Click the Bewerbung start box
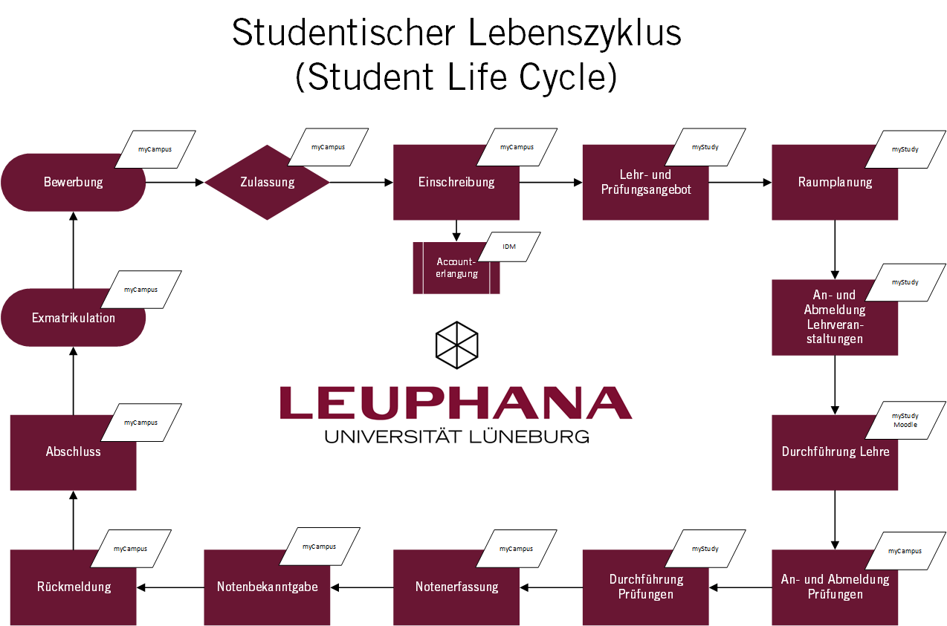click(73, 183)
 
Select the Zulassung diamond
click(267, 183)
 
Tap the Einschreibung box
click(456, 183)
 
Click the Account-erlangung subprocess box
click(456, 268)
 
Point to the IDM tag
click(509, 247)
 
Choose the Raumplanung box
click(835, 183)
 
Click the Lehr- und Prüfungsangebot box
click(645, 183)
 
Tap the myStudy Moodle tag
click(905, 420)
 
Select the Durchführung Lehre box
click(835, 452)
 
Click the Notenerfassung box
click(456, 587)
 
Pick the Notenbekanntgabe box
click(267, 587)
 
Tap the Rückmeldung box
click(73, 587)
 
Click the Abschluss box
click(73, 452)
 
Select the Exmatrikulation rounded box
click(73, 318)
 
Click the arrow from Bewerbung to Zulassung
click(175, 183)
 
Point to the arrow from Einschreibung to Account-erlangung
click(456, 231)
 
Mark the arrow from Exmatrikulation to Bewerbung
click(73, 250)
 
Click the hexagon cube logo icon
click(456, 345)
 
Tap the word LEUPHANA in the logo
click(456, 402)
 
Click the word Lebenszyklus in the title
click(575, 33)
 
